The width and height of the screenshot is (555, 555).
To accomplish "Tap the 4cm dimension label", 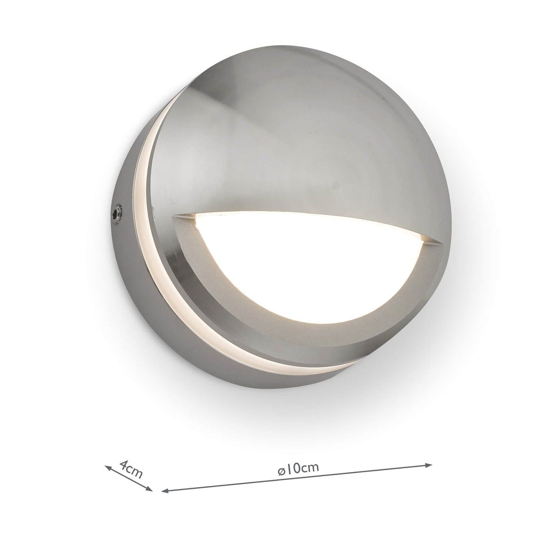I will tap(131, 469).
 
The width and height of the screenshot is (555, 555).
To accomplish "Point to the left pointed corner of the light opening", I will tap(175, 216).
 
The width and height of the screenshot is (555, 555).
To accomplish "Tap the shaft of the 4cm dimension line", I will tap(129, 479).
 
